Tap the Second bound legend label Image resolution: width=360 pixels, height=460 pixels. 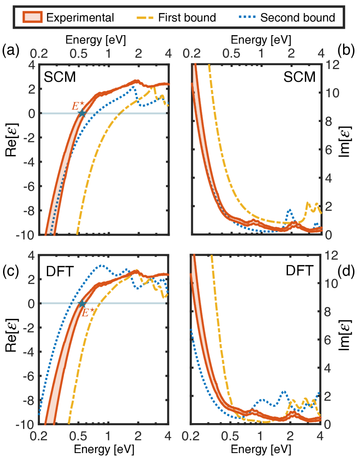[297, 17]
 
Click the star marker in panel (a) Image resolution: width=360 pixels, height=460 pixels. [81, 113]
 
